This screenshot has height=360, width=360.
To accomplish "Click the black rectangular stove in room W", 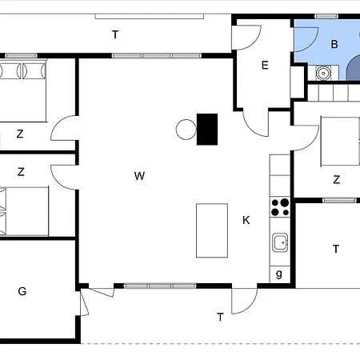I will (x=207, y=130).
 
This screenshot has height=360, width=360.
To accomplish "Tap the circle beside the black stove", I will (x=186, y=129).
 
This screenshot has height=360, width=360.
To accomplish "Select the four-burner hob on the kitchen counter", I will (x=280, y=207).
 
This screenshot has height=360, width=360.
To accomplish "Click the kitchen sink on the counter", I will (x=280, y=242).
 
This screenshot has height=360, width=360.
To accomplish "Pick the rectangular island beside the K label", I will (x=212, y=230).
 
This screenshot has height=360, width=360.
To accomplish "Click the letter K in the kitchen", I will (x=246, y=219).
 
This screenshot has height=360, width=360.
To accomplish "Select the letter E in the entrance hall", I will (x=265, y=66).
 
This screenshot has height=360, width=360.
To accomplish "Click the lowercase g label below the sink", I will (x=279, y=274).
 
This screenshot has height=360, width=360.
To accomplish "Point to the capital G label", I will (x=22, y=291).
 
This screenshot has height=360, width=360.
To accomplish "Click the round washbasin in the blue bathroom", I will (x=323, y=72).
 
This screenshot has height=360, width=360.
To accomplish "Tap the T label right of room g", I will (x=336, y=249).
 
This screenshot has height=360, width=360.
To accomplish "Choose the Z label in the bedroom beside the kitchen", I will (x=337, y=180).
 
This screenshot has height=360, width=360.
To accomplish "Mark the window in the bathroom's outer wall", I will (x=326, y=16).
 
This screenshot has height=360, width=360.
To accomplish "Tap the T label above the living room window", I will (x=116, y=34).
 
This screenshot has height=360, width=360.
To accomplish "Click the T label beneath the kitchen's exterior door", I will (x=220, y=318).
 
